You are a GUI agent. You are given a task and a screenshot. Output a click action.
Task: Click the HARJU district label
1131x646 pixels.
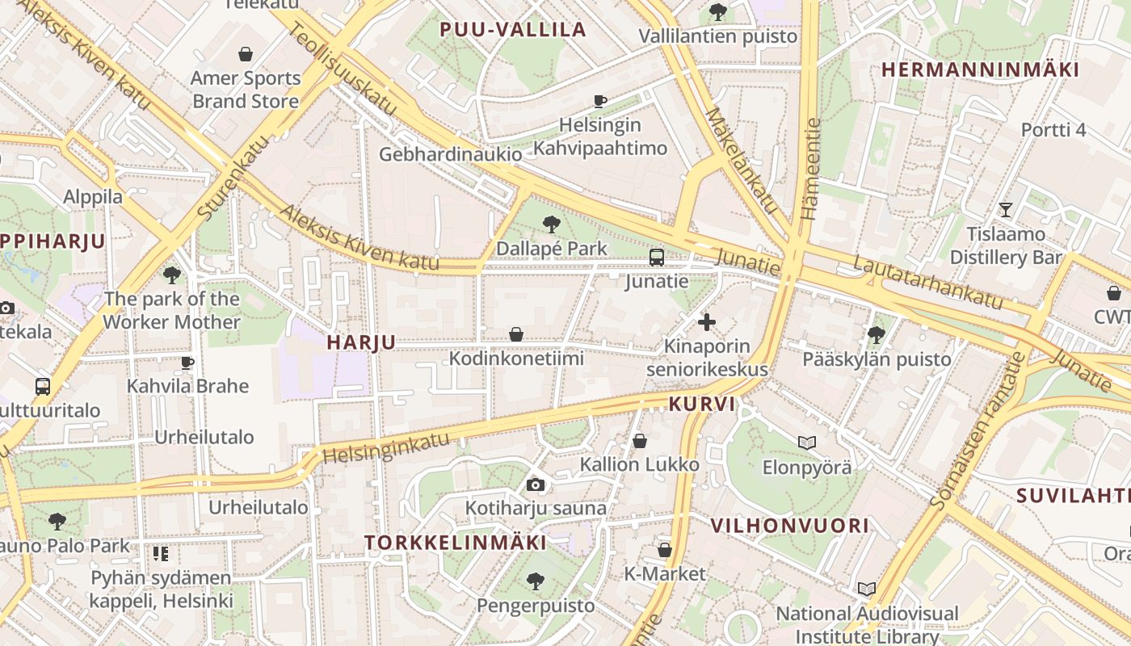pos(361,342)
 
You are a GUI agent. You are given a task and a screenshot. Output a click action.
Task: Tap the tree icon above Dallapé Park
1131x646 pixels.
pos(552,224)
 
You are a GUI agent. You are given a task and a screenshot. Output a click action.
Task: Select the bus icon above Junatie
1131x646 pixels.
pos(657,258)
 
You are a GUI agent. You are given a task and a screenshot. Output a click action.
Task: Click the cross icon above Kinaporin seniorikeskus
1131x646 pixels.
pos(707,322)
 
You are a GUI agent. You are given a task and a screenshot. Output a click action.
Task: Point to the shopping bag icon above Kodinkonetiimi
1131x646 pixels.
pos(516,334)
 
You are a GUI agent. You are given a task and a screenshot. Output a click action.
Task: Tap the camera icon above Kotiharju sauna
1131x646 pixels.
pos(535,484)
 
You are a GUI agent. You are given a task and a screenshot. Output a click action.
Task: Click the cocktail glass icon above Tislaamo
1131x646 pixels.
pos(1005,210)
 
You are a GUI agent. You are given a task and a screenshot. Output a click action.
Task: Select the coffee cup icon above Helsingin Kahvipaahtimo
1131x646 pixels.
pos(599,101)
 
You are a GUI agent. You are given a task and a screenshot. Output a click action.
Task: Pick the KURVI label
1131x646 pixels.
pos(702,404)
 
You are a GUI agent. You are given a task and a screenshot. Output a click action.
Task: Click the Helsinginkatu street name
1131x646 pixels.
pos(386,447)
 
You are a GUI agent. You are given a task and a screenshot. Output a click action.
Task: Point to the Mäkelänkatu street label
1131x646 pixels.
pos(740,161)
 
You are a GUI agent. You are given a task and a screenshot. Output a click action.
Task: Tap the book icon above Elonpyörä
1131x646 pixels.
pos(806,443)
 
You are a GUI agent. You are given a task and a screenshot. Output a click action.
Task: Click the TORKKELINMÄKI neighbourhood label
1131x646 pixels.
pos(456,543)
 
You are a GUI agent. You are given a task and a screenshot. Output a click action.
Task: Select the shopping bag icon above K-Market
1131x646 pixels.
pos(665,550)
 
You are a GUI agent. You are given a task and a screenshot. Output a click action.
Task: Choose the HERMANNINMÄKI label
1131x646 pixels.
pos(980,69)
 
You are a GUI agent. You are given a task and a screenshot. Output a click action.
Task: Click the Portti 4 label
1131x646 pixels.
pos(1053,130)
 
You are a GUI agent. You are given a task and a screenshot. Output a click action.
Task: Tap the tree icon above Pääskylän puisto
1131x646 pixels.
pos(877,334)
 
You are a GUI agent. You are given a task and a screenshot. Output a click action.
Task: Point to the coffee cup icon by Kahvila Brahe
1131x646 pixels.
pos(187,363)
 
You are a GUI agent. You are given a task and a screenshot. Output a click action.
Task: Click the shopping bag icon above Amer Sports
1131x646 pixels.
pos(246,54)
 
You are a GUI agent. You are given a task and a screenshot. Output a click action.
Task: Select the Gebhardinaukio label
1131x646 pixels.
pos(450,153)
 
